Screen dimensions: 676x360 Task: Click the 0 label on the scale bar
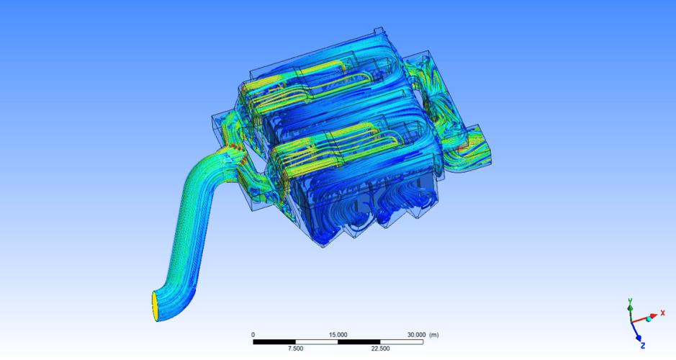(253, 335)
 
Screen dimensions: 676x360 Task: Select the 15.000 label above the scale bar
(338, 335)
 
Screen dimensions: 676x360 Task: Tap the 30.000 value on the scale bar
(416, 335)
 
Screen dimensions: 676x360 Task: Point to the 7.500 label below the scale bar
(295, 348)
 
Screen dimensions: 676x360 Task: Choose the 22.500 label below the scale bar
(380, 348)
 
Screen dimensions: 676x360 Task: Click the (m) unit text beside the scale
(434, 335)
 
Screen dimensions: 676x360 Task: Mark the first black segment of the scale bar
(274, 342)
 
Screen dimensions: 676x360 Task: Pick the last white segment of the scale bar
(402, 342)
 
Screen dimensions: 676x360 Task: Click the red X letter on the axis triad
(662, 313)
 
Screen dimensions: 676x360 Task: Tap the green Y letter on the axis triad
(630, 300)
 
